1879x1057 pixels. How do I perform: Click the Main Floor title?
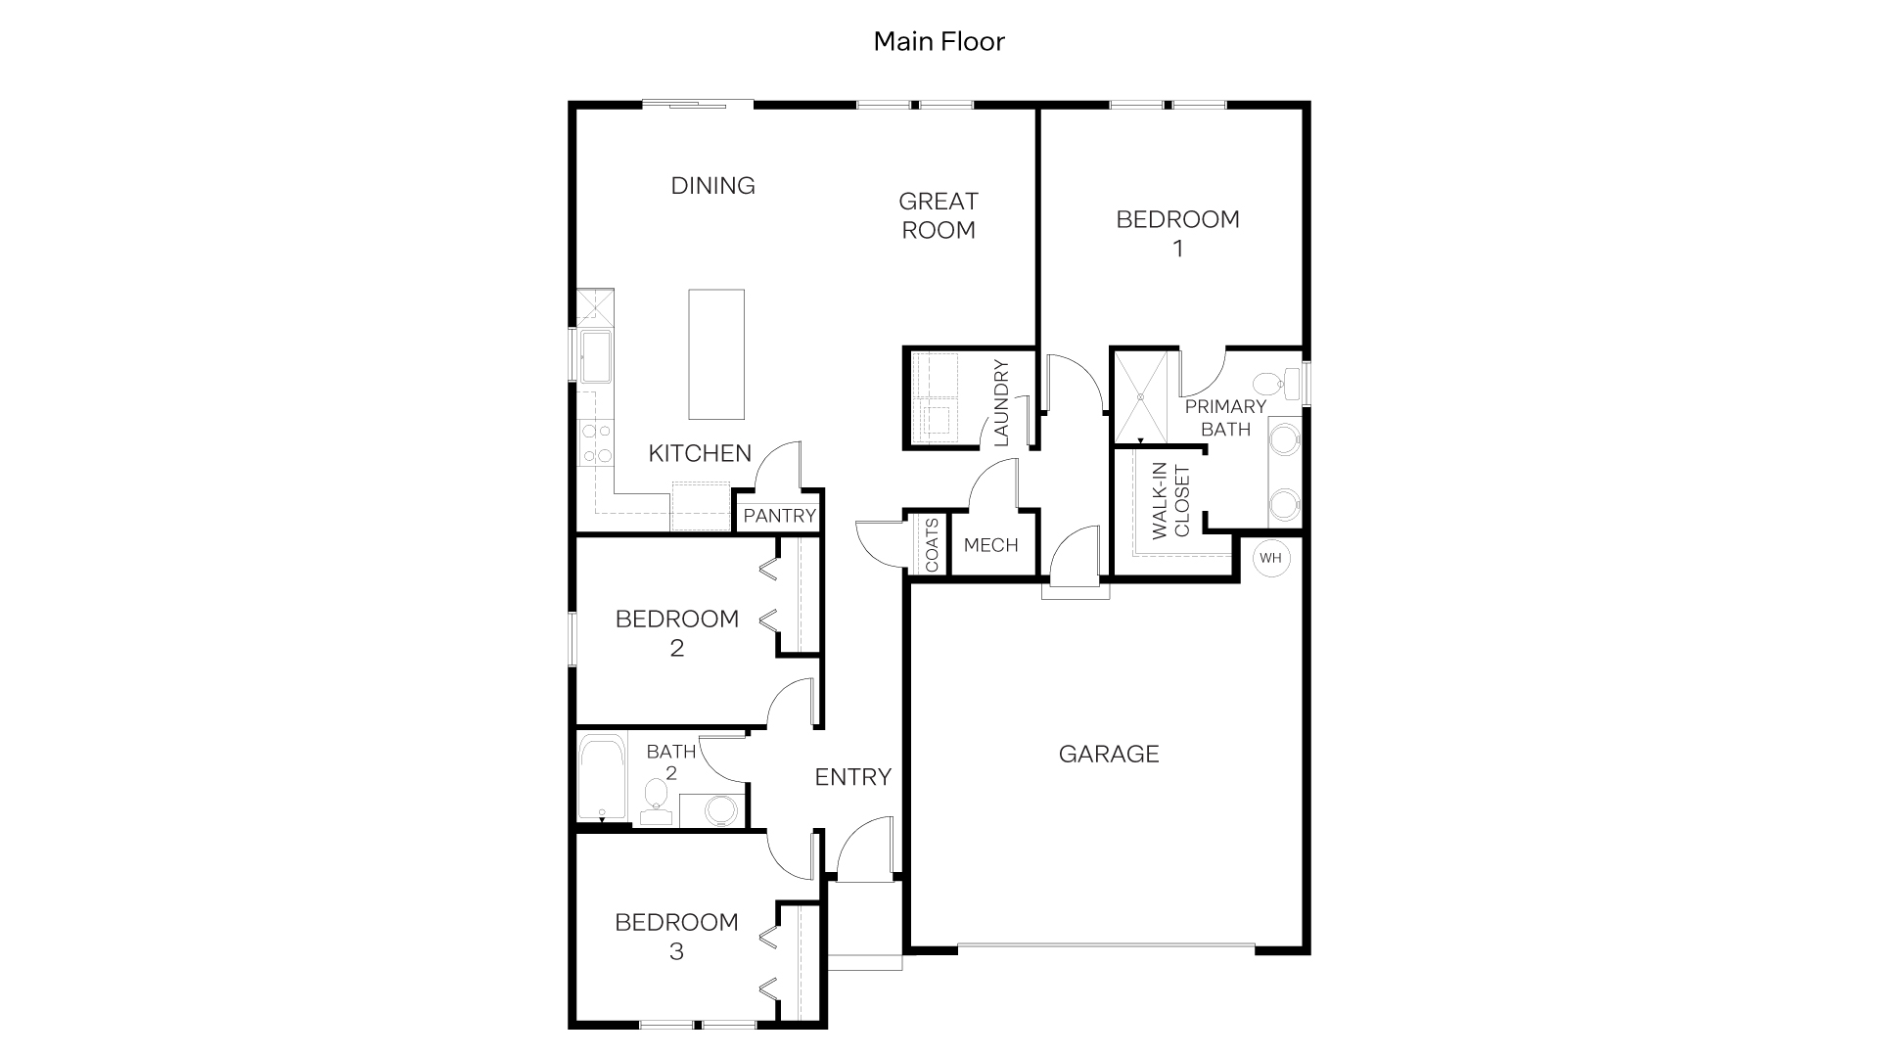point(939,41)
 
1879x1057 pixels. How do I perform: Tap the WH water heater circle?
point(1270,558)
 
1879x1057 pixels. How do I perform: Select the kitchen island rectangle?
point(715,353)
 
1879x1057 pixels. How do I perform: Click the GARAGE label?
point(1109,754)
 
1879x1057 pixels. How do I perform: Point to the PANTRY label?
point(779,516)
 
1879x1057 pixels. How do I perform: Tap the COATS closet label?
point(932,545)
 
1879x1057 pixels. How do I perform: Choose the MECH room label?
point(990,545)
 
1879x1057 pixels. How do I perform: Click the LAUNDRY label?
point(1000,403)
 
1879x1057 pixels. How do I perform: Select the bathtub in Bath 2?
point(601,778)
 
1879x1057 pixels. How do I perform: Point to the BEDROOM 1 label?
point(1177,233)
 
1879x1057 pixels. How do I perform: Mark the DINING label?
point(712,185)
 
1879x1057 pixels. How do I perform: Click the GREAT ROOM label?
point(938,215)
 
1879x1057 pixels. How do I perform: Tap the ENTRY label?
point(852,777)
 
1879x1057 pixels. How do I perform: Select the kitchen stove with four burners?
point(596,442)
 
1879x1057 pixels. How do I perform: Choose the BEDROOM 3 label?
point(676,936)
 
